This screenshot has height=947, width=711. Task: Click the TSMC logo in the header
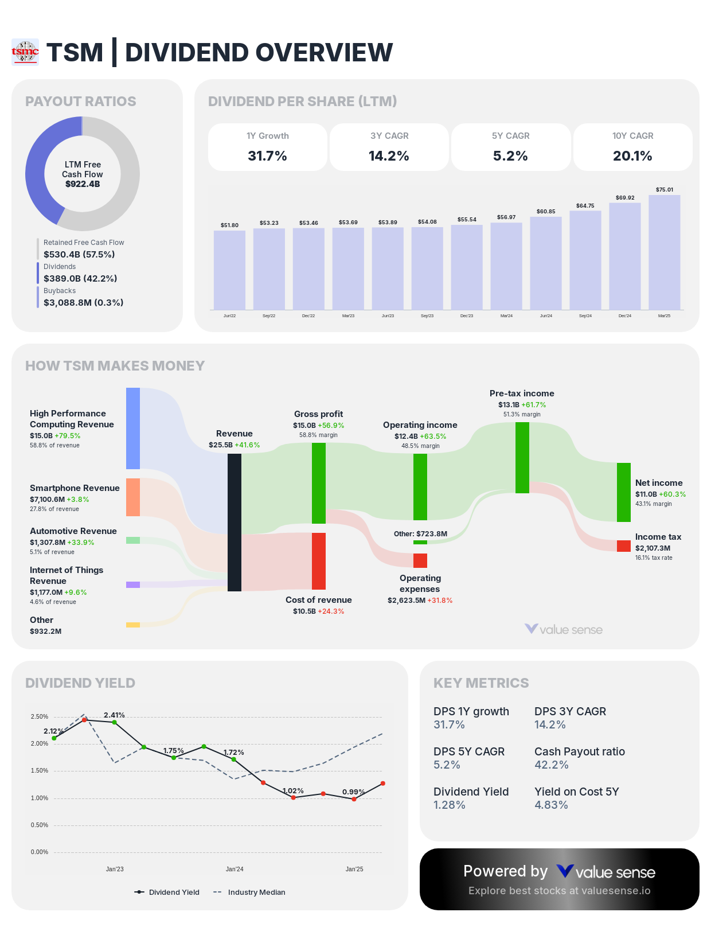coord(25,52)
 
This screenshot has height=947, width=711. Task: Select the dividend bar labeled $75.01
coord(664,252)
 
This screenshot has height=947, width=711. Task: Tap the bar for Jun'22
coord(229,270)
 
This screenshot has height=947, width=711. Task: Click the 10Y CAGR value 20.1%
coord(632,156)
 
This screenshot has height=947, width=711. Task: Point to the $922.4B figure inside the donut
coord(83,184)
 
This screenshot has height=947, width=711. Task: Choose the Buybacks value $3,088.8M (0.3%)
coord(83,302)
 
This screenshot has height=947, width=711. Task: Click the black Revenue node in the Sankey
coord(235,522)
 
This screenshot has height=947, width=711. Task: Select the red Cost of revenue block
coord(319,561)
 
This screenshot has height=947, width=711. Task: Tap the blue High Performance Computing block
coord(133,428)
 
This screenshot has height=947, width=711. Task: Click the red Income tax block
coord(624,546)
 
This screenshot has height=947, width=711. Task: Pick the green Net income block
coord(624,492)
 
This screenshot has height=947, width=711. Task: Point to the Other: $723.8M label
coord(420,534)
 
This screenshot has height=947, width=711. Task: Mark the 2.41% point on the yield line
coord(115,722)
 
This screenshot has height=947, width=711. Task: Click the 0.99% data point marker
coord(354,799)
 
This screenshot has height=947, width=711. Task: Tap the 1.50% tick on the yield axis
coord(40,770)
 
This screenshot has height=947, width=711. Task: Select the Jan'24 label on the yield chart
coord(235,869)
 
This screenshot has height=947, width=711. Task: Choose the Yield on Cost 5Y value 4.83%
coord(551,805)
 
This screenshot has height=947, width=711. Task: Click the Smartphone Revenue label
coord(75,488)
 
